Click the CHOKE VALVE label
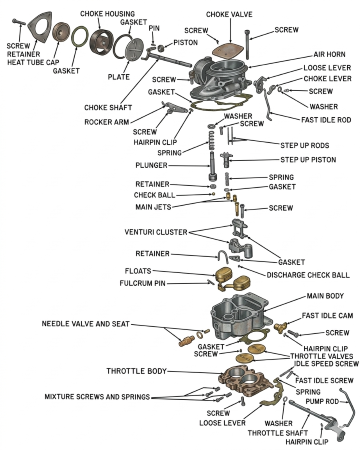click(x=229, y=14)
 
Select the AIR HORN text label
click(x=329, y=54)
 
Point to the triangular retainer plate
click(x=40, y=27)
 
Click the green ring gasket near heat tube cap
click(x=80, y=38)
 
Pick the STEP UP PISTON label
click(x=308, y=160)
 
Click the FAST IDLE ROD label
click(x=326, y=120)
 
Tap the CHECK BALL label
click(x=154, y=195)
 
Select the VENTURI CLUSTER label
click(x=156, y=232)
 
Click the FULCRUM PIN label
click(x=142, y=283)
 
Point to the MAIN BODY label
click(x=325, y=296)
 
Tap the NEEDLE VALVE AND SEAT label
click(x=85, y=324)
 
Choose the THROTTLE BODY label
click(x=136, y=371)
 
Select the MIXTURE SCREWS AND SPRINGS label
click(x=97, y=397)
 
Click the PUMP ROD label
click(x=322, y=401)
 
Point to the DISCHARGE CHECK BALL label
click(x=308, y=275)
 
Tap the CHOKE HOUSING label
click(x=107, y=14)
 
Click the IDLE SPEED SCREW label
click(x=326, y=364)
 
